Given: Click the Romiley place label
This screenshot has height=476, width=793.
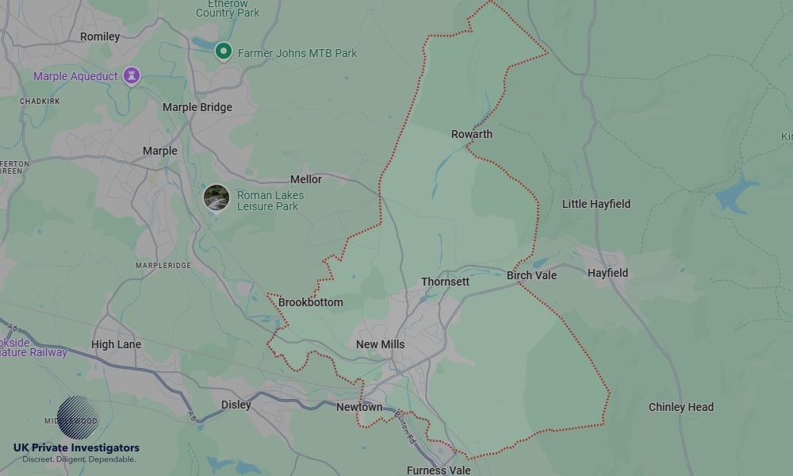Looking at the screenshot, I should (100, 36).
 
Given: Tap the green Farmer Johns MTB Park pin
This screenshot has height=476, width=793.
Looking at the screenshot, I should (224, 52).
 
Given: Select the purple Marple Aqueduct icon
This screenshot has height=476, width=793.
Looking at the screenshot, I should (132, 76).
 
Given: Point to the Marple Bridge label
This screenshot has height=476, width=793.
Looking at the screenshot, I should (197, 107).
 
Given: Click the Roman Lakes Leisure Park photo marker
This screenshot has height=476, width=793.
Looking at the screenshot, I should (216, 198).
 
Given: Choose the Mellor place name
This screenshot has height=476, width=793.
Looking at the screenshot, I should (306, 179).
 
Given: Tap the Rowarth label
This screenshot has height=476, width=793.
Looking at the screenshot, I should (472, 134).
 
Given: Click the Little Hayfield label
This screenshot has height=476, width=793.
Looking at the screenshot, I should (596, 204).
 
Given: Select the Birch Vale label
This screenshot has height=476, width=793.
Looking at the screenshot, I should (532, 275).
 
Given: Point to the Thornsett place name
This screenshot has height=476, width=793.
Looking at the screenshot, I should (445, 282).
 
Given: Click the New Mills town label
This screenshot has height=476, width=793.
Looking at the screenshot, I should (380, 344).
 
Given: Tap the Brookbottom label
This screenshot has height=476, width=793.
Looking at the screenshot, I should (311, 302).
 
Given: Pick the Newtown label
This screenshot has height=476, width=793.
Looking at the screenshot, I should (359, 407).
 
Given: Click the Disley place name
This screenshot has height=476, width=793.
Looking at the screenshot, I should (236, 405).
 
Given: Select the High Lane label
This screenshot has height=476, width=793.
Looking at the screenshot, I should (116, 344).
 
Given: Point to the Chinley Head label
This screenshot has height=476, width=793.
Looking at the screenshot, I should (681, 407).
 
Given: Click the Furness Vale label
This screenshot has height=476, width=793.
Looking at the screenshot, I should (439, 470).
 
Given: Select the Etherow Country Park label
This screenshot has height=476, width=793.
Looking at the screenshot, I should (228, 9).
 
